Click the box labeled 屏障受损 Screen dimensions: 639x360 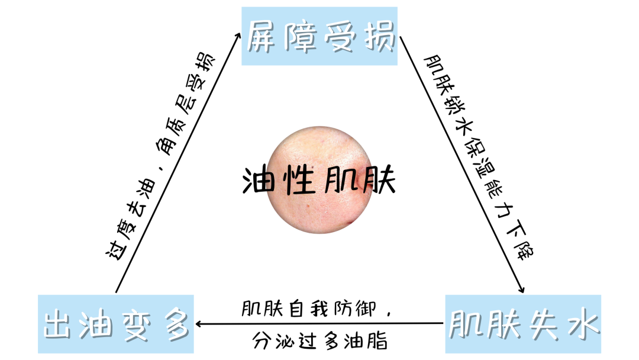(319, 36)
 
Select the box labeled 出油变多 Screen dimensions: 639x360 (115, 324)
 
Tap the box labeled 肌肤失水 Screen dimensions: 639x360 (523, 324)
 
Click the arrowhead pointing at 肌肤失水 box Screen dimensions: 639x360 (521, 290)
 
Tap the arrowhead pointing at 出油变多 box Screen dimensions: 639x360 (199, 323)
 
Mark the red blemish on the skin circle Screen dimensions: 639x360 (353, 221)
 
